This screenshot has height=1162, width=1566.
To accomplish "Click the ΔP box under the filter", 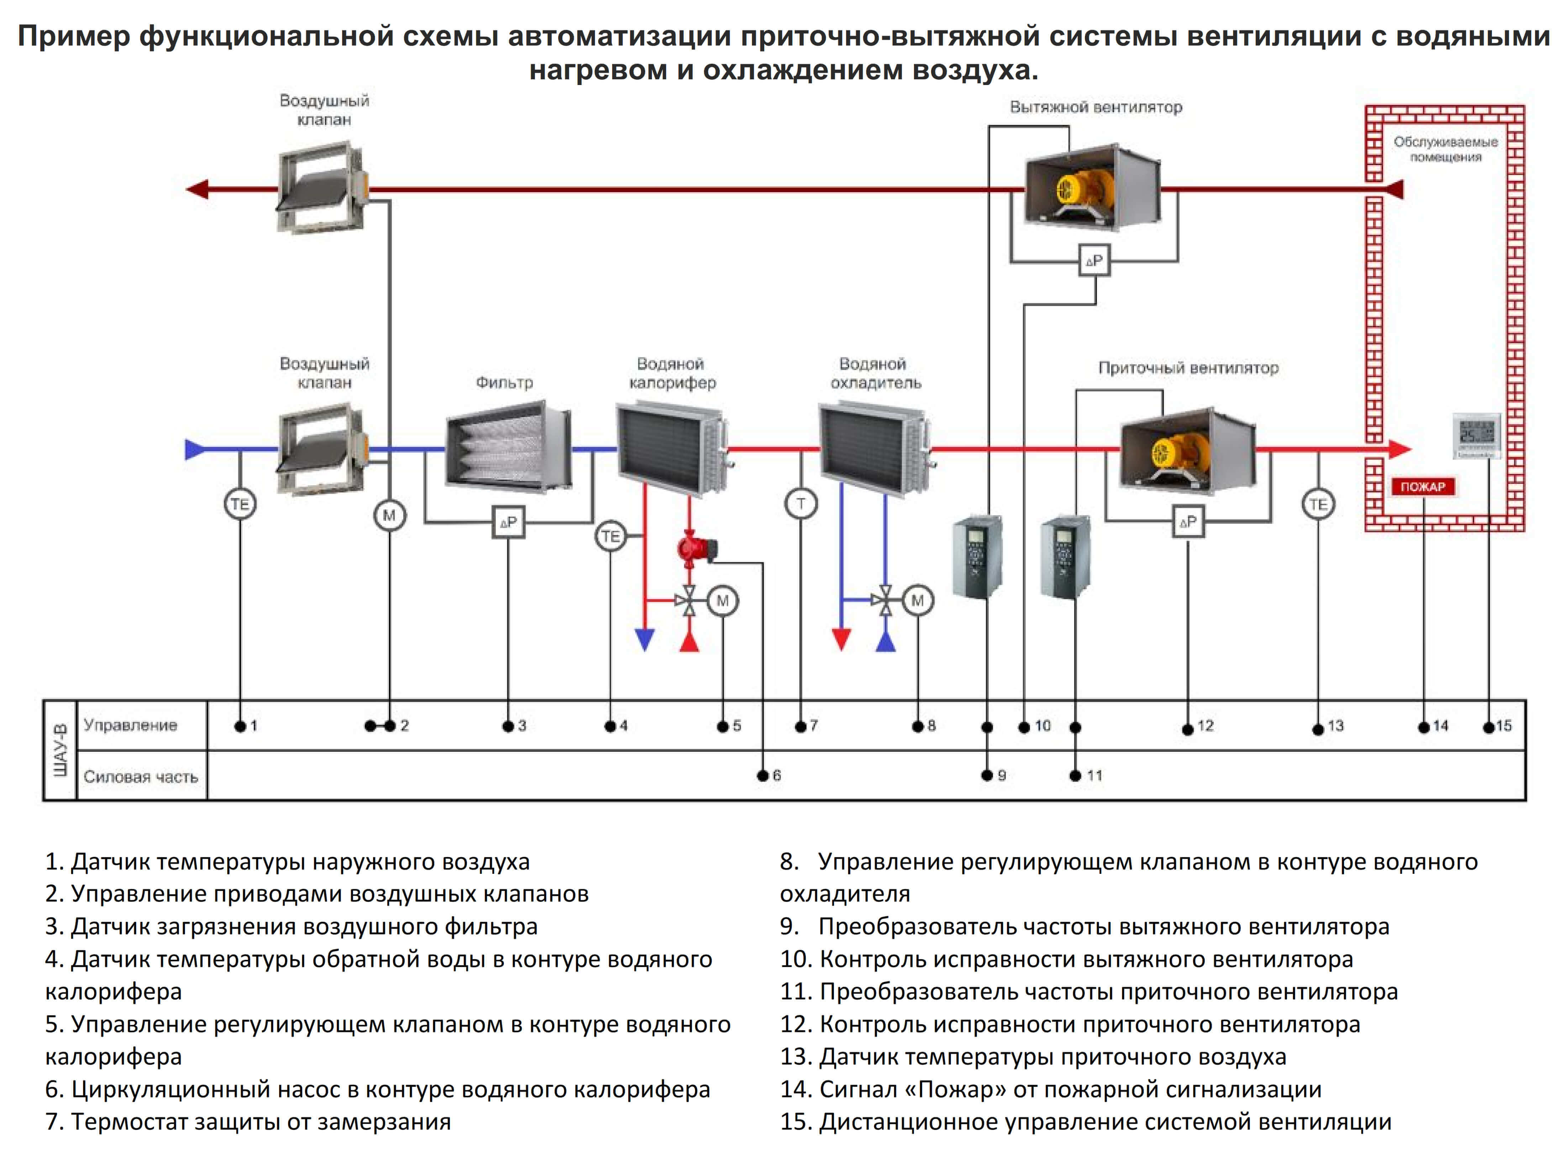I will (508, 522).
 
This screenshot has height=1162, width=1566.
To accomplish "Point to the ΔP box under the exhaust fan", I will (1094, 261).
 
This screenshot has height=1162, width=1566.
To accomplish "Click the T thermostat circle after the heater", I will (800, 504).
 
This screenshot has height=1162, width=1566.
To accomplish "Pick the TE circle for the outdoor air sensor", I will (240, 504).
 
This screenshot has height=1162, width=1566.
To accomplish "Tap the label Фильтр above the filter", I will (504, 382).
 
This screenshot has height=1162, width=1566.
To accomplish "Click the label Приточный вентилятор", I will (1188, 368).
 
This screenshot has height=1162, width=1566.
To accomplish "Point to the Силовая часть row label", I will (141, 777).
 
